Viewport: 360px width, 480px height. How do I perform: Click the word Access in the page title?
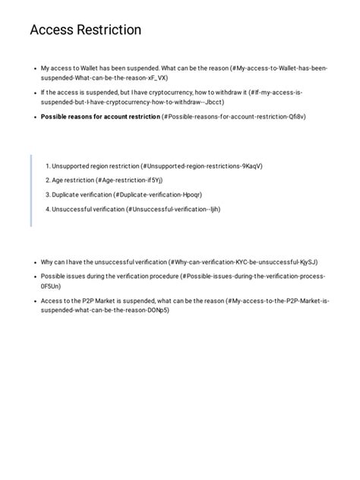pyautogui.click(x=54, y=30)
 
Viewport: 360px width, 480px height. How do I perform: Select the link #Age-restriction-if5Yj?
pyautogui.click(x=129, y=180)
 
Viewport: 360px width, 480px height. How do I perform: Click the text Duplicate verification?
pyautogui.click(x=82, y=194)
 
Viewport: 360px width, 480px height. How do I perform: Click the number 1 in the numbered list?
pyautogui.click(x=47, y=166)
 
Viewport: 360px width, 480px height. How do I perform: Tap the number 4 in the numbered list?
pyautogui.click(x=47, y=209)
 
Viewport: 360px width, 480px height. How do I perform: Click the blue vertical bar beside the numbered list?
pyautogui.click(x=31, y=190)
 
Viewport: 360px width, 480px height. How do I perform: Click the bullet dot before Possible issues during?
pyautogui.click(x=35, y=276)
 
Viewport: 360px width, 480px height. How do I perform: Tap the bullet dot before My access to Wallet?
pyautogui.click(x=35, y=68)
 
